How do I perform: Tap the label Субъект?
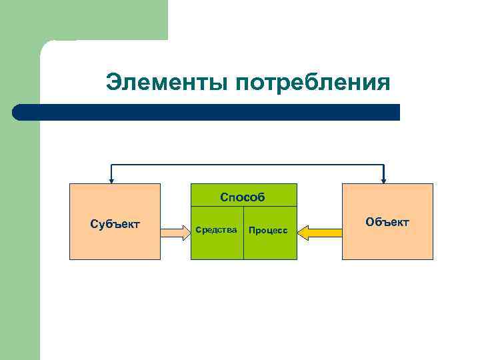click(115, 224)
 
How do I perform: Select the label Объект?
click(387, 221)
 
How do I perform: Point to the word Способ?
click(243, 197)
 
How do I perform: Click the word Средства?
click(217, 230)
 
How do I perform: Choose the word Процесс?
click(267, 231)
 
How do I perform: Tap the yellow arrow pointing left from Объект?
click(319, 233)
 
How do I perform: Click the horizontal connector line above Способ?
click(247, 164)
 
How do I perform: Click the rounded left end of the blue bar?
click(18, 112)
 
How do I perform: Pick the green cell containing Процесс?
click(270, 243)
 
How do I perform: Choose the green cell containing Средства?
click(217, 243)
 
